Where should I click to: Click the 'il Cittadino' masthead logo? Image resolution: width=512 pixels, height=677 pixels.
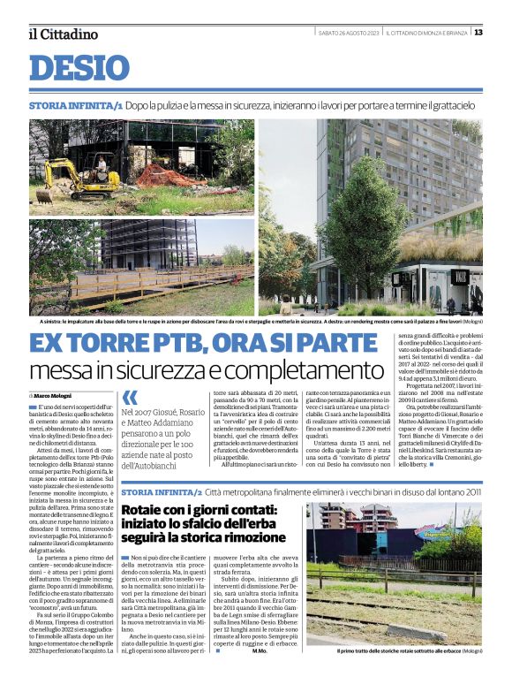tap(63, 34)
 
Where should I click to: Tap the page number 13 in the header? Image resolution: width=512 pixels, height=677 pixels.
tap(478, 33)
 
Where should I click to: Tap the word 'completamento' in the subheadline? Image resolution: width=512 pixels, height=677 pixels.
tap(283, 369)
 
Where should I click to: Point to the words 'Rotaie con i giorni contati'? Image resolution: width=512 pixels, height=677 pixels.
tap(199, 511)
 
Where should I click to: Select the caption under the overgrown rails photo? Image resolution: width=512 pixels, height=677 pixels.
tap(410, 650)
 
